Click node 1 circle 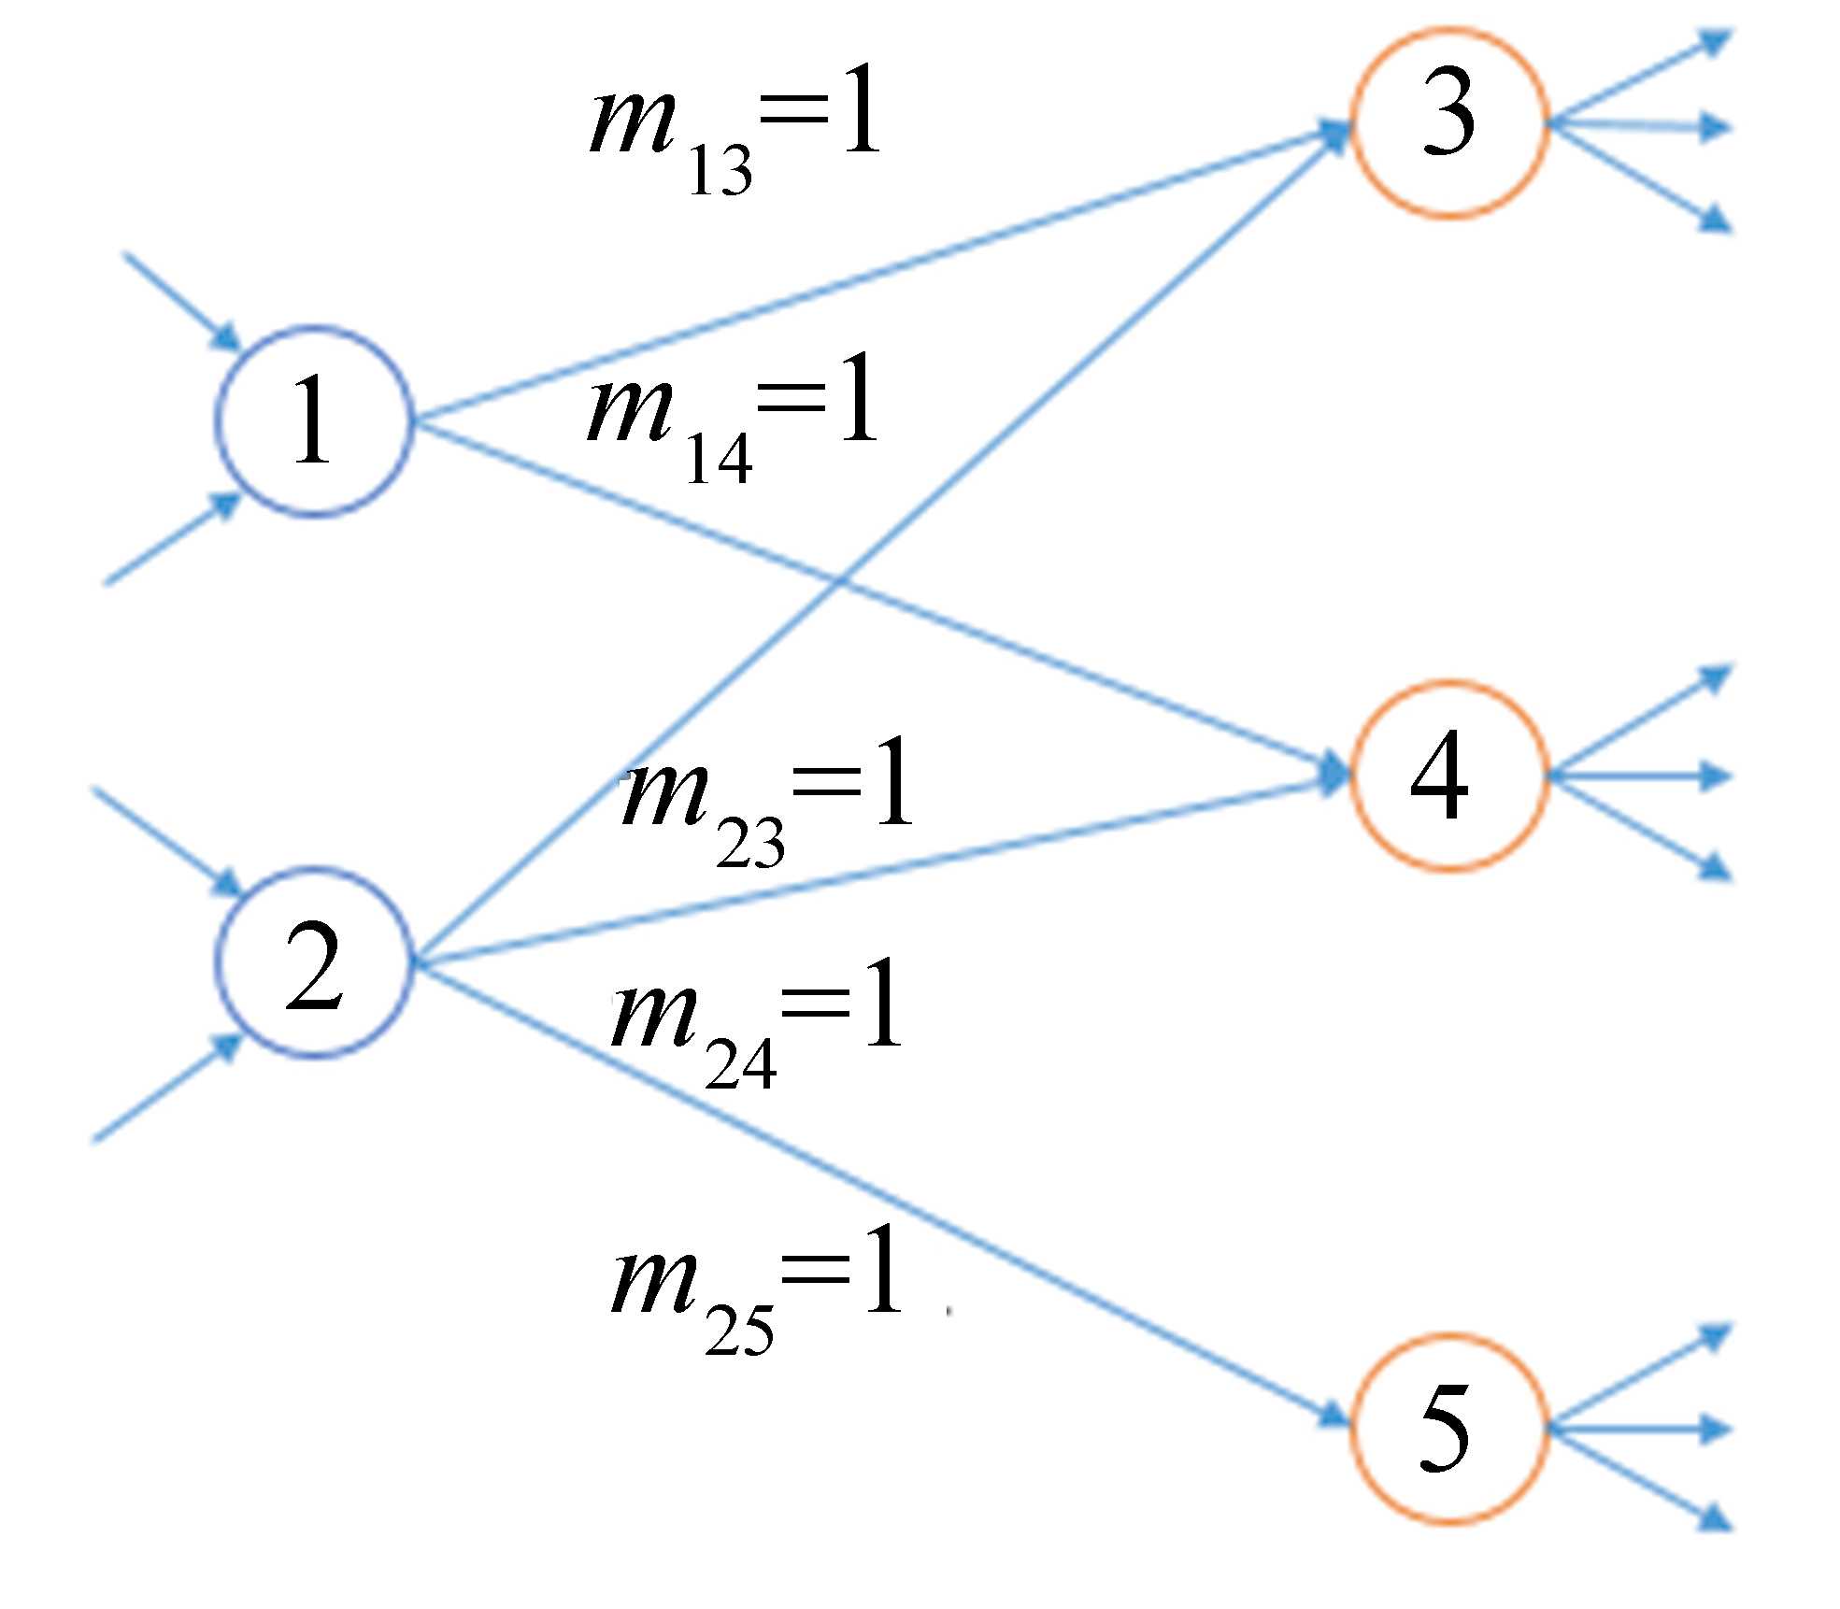(x=313, y=421)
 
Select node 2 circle (x=313, y=962)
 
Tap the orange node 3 (x=1449, y=122)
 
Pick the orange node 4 (x=1449, y=776)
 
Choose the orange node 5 (x=1449, y=1429)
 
